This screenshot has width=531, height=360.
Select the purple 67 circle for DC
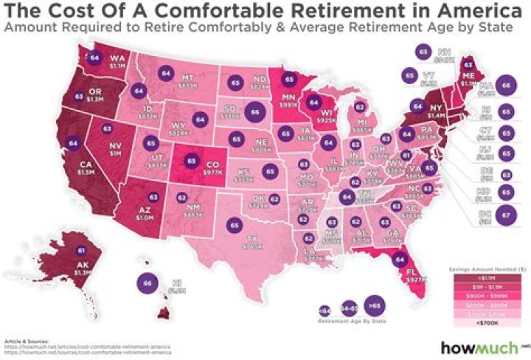coord(505,216)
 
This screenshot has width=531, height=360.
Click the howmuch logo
coord(476,346)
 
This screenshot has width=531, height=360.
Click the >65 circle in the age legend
coord(373,304)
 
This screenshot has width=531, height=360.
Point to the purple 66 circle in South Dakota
coord(255,112)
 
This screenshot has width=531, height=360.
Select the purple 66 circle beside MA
coord(505,86)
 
